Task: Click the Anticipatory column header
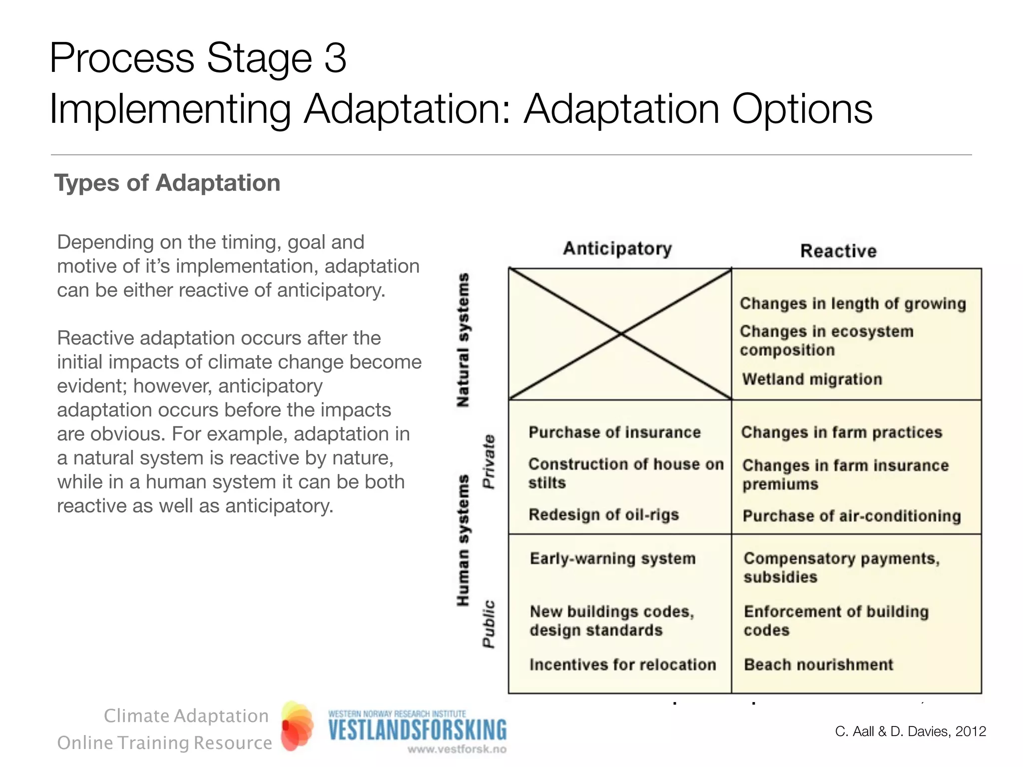(617, 249)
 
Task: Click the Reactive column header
(838, 251)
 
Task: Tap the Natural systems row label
(463, 340)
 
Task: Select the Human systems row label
(463, 540)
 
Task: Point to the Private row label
(489, 461)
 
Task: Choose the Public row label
(489, 624)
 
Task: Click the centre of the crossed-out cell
(620, 334)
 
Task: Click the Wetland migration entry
(812, 379)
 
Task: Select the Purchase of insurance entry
(614, 432)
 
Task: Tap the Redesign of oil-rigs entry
(603, 514)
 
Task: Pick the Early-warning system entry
(612, 558)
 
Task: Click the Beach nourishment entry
(818, 665)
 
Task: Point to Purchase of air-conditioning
(852, 516)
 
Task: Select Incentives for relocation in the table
(622, 665)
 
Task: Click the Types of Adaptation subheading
(167, 183)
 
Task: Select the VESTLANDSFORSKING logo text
(417, 730)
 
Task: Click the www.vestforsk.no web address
(457, 749)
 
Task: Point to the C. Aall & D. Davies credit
(910, 732)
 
